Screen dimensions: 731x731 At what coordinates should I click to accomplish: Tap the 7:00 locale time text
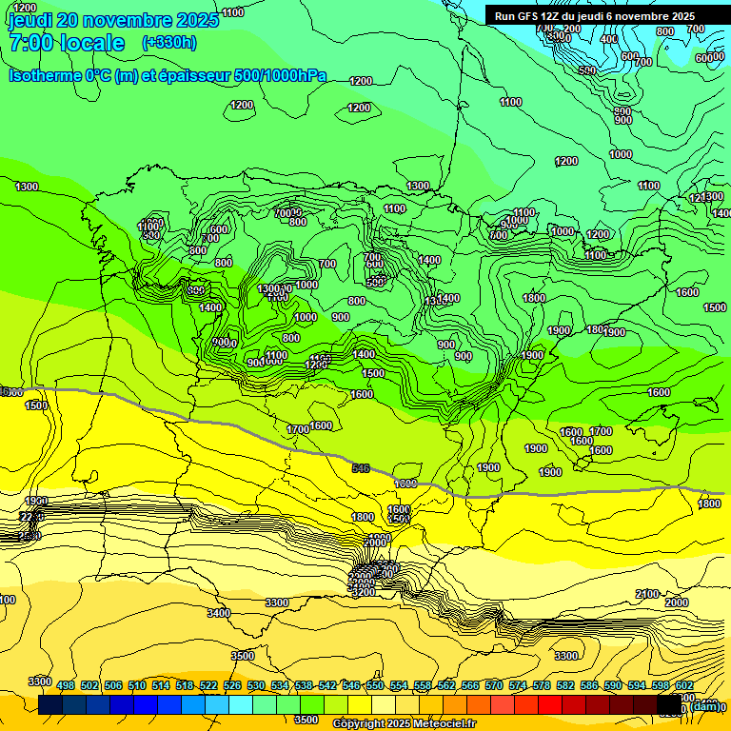[x=67, y=43]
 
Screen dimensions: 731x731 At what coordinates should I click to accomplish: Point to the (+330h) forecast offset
[x=169, y=42]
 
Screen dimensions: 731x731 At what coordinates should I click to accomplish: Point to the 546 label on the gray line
[x=361, y=468]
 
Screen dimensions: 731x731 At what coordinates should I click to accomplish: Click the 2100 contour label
[x=647, y=594]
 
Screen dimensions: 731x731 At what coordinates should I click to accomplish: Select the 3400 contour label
[x=219, y=613]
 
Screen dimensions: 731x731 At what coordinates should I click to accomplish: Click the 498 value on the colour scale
[x=66, y=686]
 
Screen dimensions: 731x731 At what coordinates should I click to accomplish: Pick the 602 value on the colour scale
[x=684, y=686]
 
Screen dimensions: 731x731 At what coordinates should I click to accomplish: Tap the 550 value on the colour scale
[x=375, y=686]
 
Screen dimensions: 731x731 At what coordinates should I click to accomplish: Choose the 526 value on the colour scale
[x=232, y=686]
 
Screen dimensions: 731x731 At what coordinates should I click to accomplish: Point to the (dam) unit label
[x=705, y=705]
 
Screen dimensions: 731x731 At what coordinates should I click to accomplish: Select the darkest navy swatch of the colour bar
[x=50, y=705]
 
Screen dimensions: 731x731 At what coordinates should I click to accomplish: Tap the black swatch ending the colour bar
[x=669, y=705]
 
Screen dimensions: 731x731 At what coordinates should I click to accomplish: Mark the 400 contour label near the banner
[x=609, y=40]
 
